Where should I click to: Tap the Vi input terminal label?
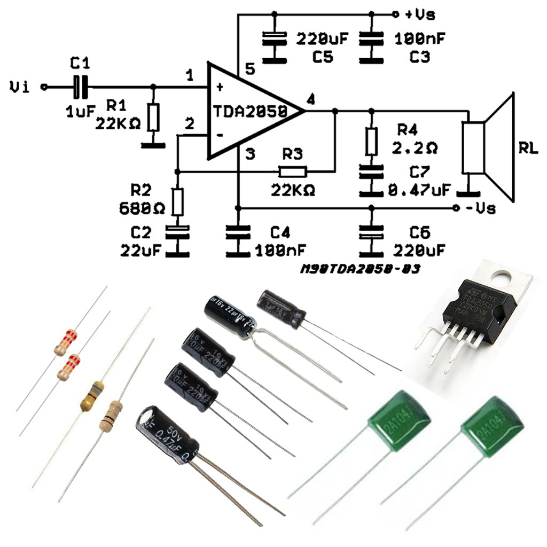21,87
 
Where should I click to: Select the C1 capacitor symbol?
80,87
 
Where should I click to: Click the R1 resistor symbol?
154,118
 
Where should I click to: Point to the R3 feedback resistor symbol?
293,171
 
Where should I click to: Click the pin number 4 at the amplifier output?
311,99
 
